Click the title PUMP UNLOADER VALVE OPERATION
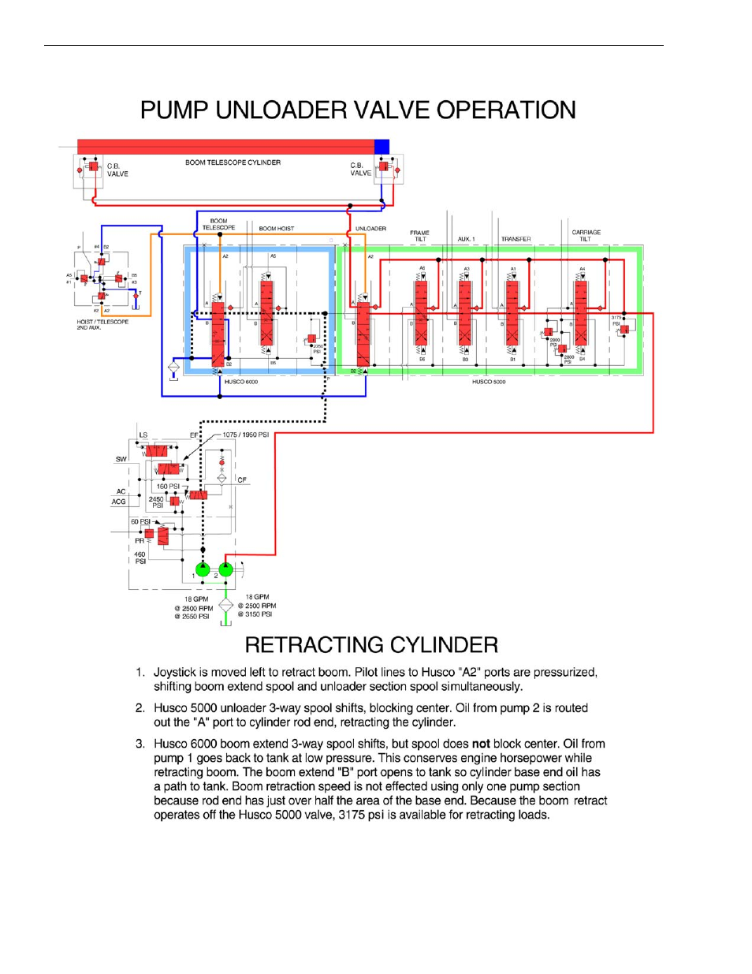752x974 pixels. pos(358,110)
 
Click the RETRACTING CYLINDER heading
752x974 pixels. pos(371,645)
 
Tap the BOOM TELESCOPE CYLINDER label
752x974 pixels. pos(233,162)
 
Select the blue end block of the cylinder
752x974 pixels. pos(382,147)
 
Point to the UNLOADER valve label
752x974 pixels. pos(370,229)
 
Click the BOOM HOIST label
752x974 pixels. pos(276,229)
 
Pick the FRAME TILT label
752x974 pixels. pos(420,236)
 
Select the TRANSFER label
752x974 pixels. pos(516,239)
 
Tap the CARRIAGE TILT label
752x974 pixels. pos(586,235)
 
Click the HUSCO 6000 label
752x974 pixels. pos(241,382)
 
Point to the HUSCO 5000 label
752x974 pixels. pos(489,382)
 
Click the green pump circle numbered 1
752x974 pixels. pos(203,569)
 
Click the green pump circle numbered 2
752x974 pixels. pos(226,569)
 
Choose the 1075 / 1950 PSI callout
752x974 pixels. pos(245,435)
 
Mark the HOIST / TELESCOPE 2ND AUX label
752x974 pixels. pos(102,324)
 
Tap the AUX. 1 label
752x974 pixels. pos(466,239)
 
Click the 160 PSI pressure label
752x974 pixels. pos(168,487)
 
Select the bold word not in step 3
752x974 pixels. pos(481,744)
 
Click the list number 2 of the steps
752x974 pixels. pos(140,708)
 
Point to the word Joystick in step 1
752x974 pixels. pos(174,673)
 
